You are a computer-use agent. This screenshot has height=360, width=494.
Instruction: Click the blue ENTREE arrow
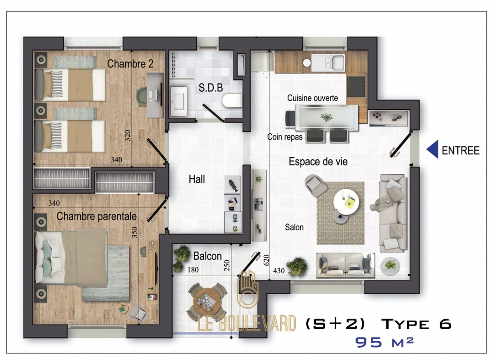click(432, 150)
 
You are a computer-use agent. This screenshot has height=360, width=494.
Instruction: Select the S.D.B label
click(211, 88)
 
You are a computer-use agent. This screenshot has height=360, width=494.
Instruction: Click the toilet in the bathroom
click(231, 100)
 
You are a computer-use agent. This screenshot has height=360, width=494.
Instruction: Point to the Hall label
click(197, 179)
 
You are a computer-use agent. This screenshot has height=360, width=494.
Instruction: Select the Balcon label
click(207, 256)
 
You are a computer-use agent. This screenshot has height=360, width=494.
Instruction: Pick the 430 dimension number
click(279, 271)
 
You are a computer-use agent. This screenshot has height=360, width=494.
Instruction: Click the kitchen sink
click(334, 62)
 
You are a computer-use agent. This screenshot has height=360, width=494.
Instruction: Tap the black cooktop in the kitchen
click(357, 86)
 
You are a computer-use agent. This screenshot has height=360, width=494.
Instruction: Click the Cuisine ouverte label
click(312, 98)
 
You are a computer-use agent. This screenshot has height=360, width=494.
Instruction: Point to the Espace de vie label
click(318, 162)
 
